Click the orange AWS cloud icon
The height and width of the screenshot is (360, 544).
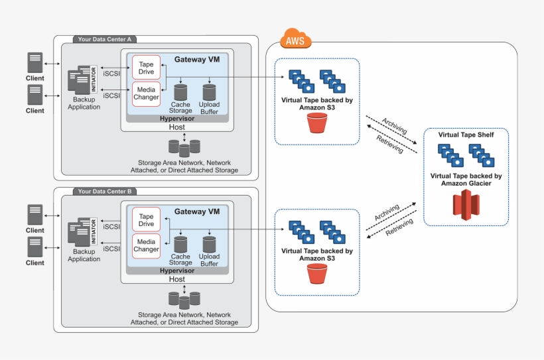[x=295, y=40]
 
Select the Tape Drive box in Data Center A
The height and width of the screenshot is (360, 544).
[x=147, y=68]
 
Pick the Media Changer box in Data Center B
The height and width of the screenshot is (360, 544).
[x=147, y=246]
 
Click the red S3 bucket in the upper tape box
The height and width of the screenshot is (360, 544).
[x=317, y=123]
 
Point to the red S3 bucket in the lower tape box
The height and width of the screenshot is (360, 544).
[x=317, y=274]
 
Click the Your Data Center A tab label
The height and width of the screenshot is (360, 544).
[x=104, y=40]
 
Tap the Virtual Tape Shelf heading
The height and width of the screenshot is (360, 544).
[x=466, y=135]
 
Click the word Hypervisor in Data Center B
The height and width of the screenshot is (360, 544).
[x=176, y=270]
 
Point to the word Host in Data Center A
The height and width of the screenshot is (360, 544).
[x=177, y=127]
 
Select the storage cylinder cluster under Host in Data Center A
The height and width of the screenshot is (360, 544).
[x=184, y=147]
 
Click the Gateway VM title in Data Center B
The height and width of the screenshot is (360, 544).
[x=196, y=211]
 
